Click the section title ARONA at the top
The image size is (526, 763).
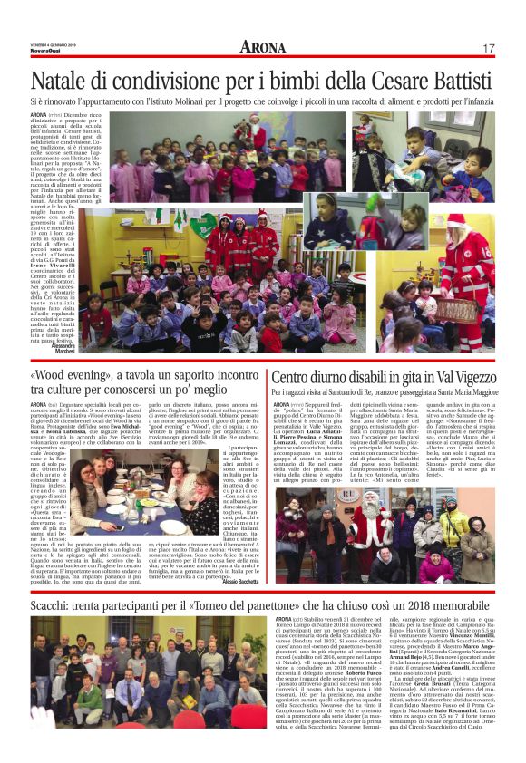[262, 47]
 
